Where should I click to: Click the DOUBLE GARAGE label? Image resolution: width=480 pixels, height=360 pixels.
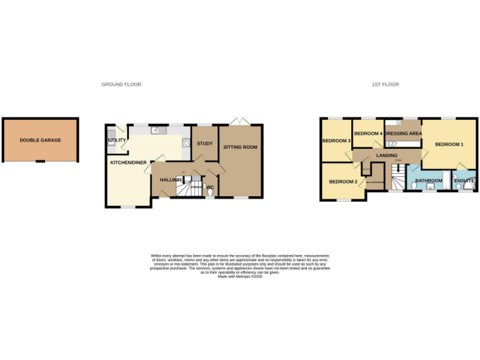(40, 141)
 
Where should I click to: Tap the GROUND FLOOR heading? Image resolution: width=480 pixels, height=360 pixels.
(121, 84)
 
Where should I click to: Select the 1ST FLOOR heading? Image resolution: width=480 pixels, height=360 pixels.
(386, 84)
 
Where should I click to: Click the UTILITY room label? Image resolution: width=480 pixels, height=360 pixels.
(117, 141)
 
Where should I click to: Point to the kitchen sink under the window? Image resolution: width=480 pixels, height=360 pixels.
(157, 131)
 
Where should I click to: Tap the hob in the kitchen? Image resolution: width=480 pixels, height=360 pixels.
(186, 142)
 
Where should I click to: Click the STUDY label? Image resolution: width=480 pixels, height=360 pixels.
(204, 144)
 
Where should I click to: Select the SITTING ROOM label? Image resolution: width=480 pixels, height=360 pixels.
(241, 147)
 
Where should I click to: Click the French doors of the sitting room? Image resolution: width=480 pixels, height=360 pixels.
(241, 121)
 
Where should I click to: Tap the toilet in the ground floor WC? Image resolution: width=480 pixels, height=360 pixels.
(209, 192)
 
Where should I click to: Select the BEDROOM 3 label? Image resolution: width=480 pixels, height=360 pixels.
(336, 141)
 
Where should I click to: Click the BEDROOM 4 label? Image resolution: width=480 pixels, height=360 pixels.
(368, 134)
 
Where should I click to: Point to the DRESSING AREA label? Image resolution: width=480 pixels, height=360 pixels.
(403, 134)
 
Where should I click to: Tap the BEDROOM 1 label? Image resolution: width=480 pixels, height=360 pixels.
(449, 144)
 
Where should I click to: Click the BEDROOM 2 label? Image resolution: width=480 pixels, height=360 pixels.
(343, 182)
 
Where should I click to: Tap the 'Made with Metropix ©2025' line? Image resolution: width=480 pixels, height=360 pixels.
(240, 276)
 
